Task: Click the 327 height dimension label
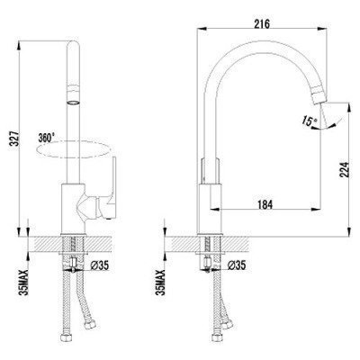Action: (x=16, y=138)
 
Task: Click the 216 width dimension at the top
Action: (x=262, y=23)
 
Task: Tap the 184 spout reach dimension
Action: (x=265, y=204)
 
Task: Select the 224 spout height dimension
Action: (x=345, y=170)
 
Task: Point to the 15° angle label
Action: (x=310, y=121)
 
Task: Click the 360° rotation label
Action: (x=47, y=138)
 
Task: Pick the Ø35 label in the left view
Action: (x=99, y=265)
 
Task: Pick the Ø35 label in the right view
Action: (x=237, y=265)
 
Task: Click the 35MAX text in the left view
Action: (x=24, y=282)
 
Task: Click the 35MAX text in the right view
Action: (x=162, y=282)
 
